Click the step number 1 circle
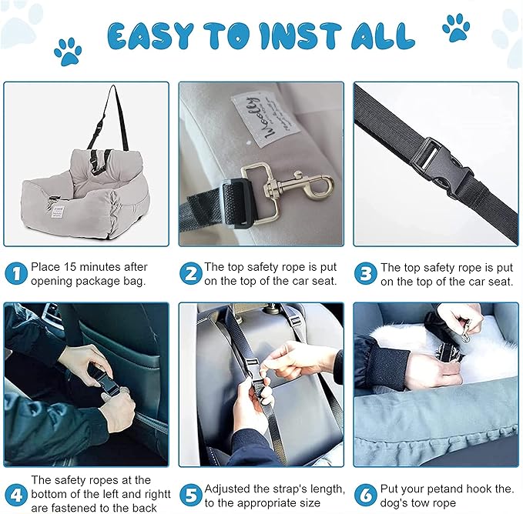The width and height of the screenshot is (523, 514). [x=16, y=274]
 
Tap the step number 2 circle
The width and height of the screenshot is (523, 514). [x=190, y=274]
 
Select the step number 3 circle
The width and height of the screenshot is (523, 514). [x=366, y=274]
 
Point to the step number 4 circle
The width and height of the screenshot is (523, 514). [x=16, y=492]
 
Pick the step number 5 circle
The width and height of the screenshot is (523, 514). [x=190, y=492]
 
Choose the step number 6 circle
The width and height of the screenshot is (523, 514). [x=366, y=492]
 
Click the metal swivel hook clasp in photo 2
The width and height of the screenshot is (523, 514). [x=285, y=185]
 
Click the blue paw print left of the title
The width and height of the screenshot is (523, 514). [x=68, y=52]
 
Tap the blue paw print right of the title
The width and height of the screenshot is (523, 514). [x=456, y=28]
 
